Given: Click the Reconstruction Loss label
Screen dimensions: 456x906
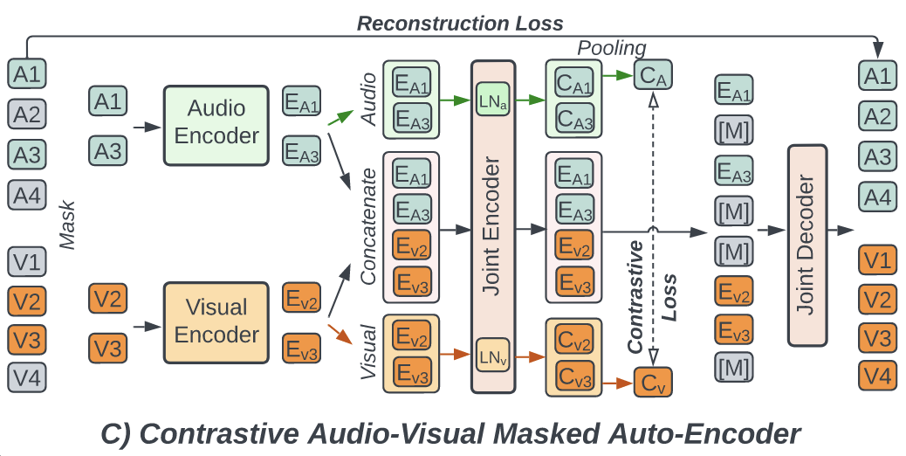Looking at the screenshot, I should coord(460,23).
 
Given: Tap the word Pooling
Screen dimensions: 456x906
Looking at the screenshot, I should coord(612,48).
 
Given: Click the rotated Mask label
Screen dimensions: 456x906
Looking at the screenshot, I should coord(68,225).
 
